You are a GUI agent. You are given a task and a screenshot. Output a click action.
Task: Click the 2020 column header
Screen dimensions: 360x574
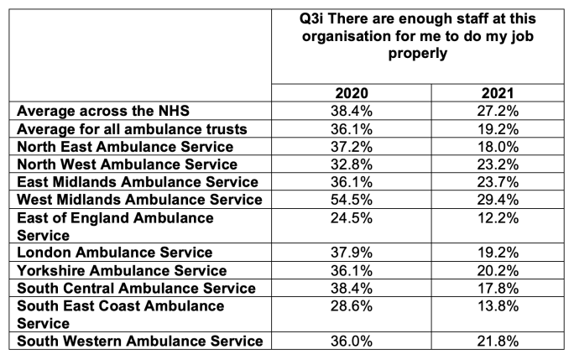tap(352, 93)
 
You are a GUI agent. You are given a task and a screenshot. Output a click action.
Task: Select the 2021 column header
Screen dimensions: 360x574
tap(498, 93)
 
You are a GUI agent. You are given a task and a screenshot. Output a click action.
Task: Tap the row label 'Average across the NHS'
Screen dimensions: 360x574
tap(110, 111)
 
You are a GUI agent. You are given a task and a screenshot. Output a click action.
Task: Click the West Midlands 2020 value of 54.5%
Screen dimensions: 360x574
tap(352, 199)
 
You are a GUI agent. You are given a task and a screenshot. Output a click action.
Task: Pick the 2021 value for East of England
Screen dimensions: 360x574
tap(498, 217)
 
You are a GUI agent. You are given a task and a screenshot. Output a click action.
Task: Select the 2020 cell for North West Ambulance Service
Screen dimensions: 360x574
tap(352, 164)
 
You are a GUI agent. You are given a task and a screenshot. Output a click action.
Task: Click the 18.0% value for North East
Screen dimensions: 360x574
tap(498, 146)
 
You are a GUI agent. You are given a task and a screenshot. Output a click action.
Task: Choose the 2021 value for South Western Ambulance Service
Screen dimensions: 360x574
tap(498, 341)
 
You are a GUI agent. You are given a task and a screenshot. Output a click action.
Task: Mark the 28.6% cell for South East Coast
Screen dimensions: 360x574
tap(352, 306)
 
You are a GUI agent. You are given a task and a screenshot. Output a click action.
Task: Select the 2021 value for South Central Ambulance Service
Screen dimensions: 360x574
tap(498, 288)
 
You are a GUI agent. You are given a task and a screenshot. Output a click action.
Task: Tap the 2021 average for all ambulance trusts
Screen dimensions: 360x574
tap(498, 128)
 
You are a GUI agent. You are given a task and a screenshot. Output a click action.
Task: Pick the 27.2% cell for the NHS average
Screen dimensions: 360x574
tap(498, 111)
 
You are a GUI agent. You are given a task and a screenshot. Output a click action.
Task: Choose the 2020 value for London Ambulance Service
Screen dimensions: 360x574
tap(352, 253)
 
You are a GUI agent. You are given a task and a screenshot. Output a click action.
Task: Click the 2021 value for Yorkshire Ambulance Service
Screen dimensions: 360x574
tap(498, 270)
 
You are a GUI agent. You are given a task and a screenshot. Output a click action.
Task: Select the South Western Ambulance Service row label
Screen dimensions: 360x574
tap(139, 341)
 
